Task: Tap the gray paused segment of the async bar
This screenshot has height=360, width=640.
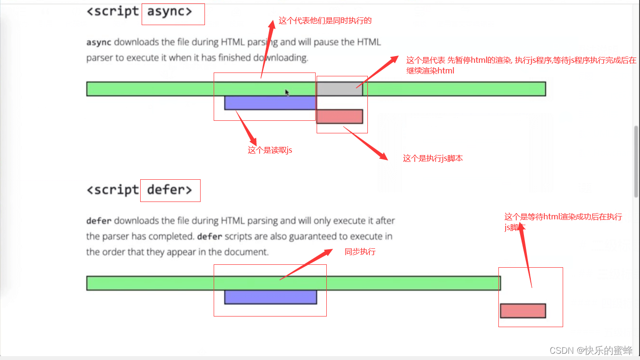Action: point(339,89)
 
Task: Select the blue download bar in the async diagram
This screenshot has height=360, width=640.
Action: point(270,103)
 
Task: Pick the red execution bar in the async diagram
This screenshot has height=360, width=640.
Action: point(340,116)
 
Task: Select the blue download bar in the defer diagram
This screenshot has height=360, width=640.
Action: point(271,297)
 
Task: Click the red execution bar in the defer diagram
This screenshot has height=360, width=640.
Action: point(523,311)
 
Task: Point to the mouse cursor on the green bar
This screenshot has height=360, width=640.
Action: point(287,93)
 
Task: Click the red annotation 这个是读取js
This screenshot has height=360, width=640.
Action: point(270,150)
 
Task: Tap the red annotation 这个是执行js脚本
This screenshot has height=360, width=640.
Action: point(433,158)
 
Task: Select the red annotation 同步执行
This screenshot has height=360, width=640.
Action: point(360,252)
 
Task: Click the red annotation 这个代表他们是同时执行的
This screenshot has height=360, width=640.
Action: point(325,21)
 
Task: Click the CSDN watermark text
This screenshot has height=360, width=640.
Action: point(591,350)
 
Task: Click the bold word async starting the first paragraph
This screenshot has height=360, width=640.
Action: point(99,43)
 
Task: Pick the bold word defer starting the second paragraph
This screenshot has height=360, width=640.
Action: point(99,221)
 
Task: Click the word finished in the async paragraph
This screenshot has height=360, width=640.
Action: point(234,58)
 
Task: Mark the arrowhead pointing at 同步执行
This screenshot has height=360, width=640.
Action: point(328,251)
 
